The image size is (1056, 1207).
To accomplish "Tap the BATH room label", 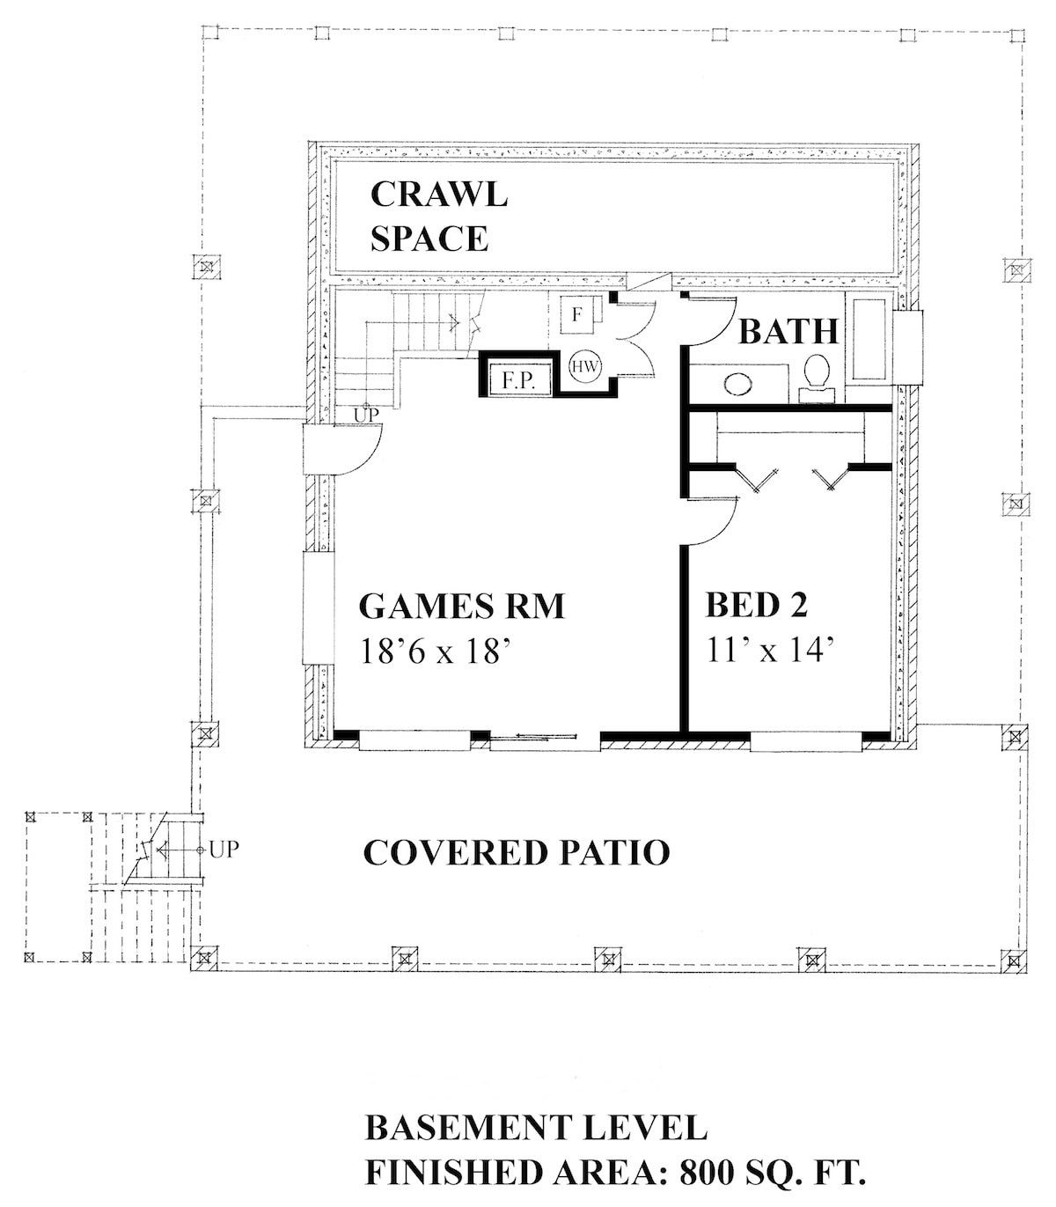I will (x=788, y=332).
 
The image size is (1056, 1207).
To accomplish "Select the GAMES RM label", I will (x=461, y=607).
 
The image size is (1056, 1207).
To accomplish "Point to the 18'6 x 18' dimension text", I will (x=436, y=651).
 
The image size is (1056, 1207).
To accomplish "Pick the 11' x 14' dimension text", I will (x=769, y=651).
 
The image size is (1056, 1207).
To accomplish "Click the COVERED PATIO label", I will (x=517, y=852).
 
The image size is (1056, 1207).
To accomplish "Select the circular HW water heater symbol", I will (x=583, y=366).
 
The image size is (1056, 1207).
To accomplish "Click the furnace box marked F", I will (x=576, y=315).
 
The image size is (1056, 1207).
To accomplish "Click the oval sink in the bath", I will (x=737, y=384).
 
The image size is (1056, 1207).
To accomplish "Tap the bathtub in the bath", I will (x=869, y=340).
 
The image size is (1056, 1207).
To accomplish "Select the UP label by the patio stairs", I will (x=224, y=850).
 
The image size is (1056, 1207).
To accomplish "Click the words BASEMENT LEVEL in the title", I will (x=536, y=1129).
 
